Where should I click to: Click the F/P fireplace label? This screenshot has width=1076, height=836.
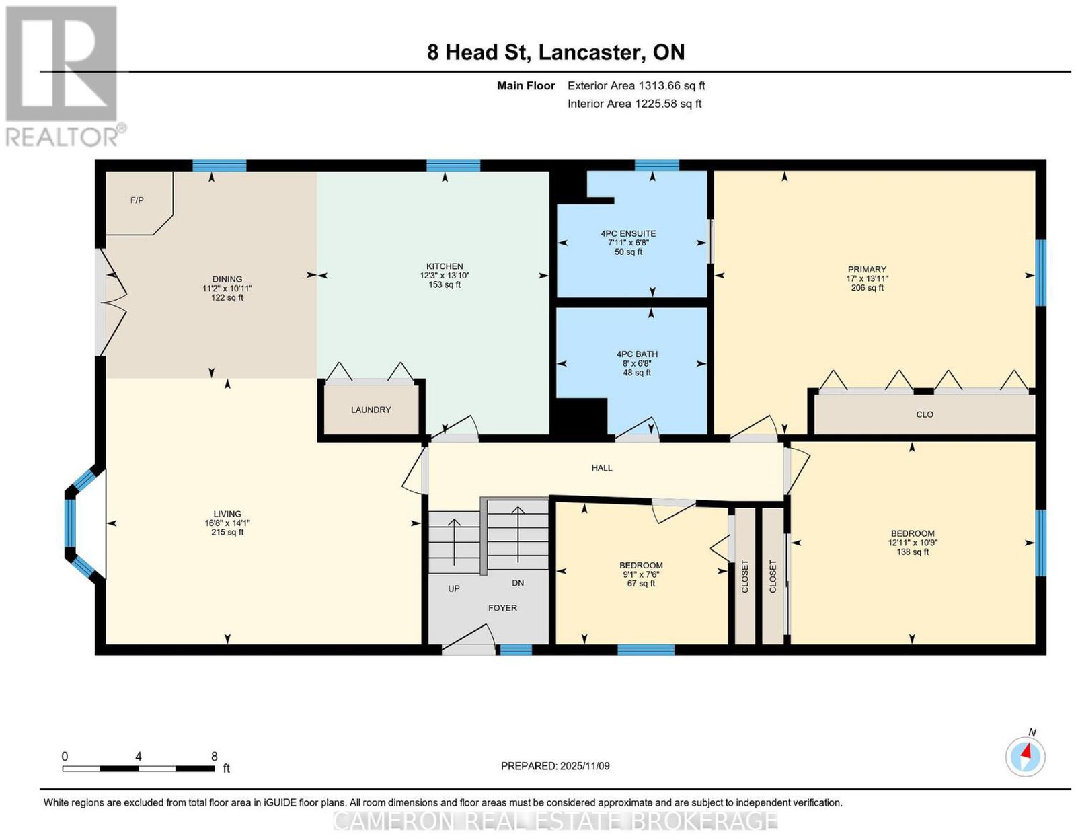coord(137,200)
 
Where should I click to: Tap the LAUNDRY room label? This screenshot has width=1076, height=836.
coord(371,410)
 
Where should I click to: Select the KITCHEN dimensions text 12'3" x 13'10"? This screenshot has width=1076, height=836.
coord(445,276)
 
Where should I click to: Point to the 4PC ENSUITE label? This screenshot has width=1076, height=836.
coord(628,233)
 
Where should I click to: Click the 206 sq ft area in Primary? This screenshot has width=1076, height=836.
coord(867,288)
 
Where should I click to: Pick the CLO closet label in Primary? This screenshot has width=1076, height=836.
coord(925,414)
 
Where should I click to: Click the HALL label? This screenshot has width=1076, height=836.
coord(602,467)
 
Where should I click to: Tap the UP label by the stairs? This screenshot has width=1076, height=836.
coord(453,588)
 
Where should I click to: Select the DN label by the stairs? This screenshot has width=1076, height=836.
coord(518,583)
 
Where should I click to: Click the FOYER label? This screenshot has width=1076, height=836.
coord(502,608)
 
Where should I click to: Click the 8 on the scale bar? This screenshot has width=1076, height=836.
coord(214,757)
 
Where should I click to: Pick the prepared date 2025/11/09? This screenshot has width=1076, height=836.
coord(585,766)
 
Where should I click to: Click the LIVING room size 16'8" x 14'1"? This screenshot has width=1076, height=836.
coord(227,523)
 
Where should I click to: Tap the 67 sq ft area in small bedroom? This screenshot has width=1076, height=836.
coord(641,584)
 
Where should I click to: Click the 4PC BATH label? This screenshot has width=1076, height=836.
coord(637,354)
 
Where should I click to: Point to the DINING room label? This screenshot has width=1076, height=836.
coord(227,279)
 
